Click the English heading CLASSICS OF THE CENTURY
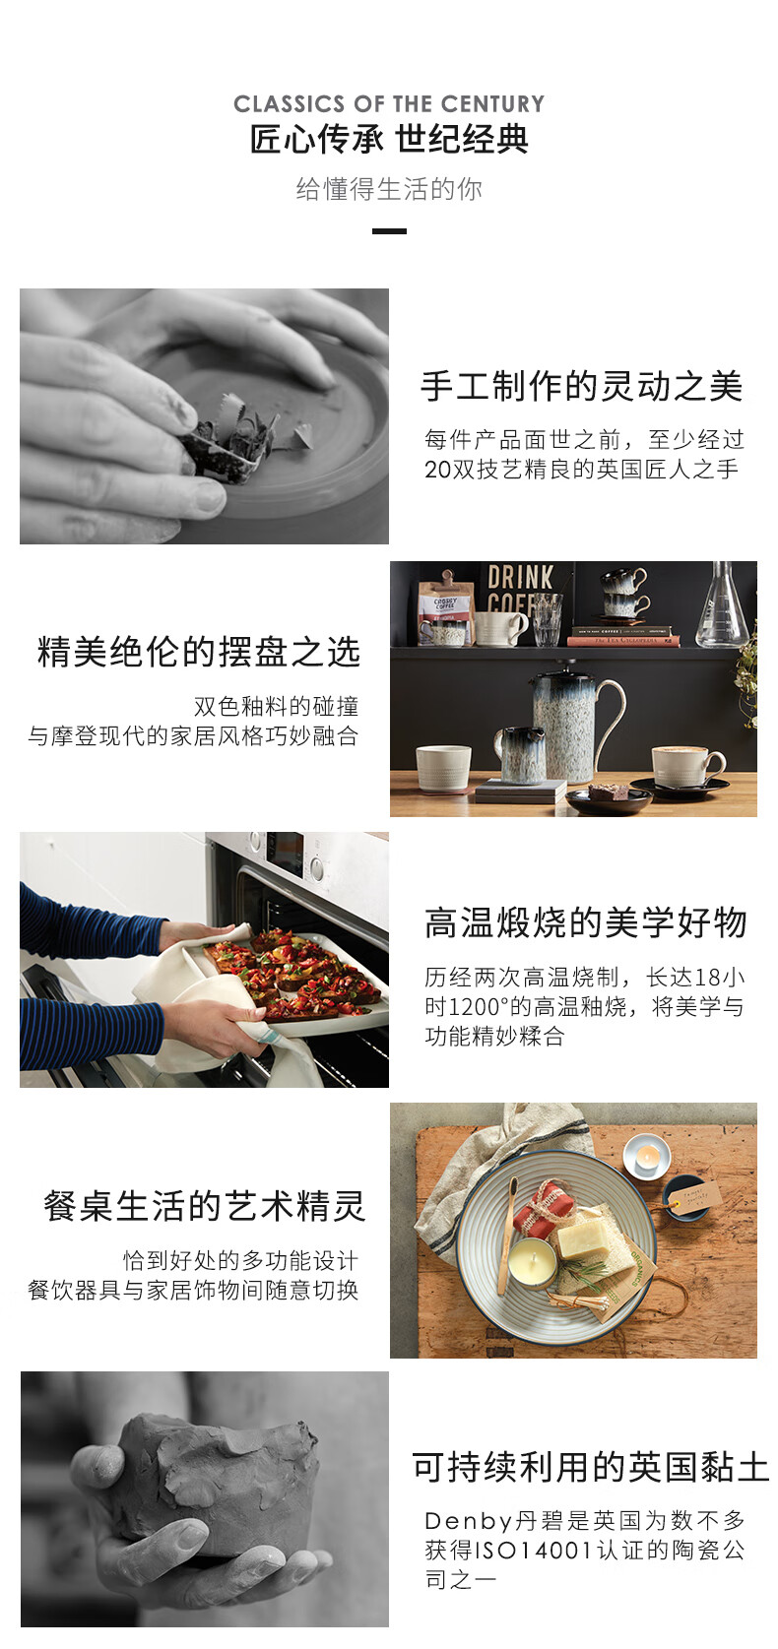pyautogui.click(x=389, y=103)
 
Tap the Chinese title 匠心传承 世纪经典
pyautogui.click(x=389, y=139)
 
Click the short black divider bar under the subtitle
pyautogui.click(x=389, y=231)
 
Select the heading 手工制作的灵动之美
pyautogui.click(x=581, y=387)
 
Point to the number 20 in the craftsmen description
pyautogui.click(x=437, y=469)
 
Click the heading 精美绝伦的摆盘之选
pyautogui.click(x=199, y=653)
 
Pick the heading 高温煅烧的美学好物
pyautogui.click(x=586, y=922)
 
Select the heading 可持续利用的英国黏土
pyautogui.click(x=590, y=1468)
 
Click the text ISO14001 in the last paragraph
pyautogui.click(x=534, y=1550)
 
